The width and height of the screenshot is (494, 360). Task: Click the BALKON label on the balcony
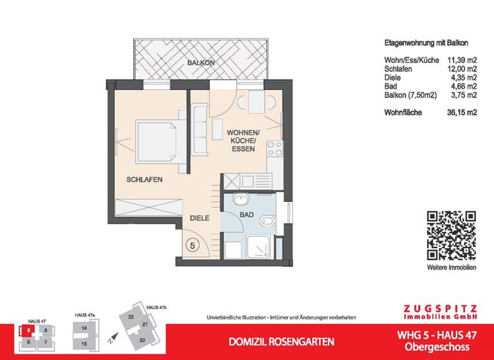201,63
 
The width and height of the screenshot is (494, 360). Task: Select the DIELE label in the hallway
201,219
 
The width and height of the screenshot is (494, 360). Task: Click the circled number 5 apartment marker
192,245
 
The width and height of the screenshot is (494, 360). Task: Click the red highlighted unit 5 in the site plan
30,332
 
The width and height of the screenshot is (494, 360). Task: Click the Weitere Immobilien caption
452,266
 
